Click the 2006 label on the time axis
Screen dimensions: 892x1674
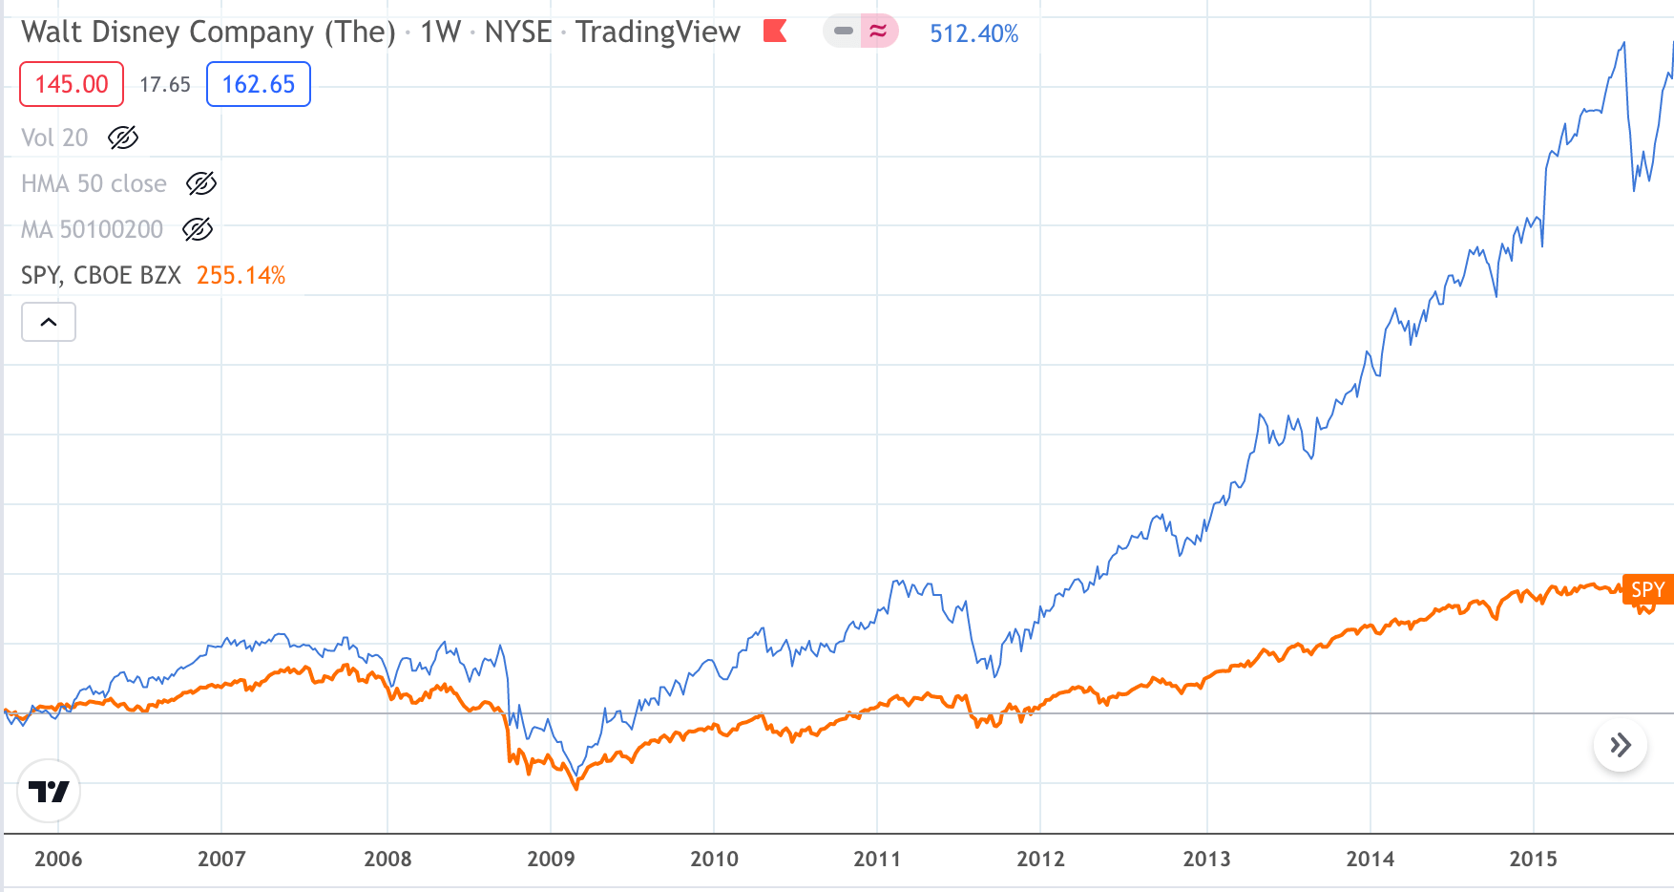[x=58, y=859]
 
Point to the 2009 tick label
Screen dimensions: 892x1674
[x=551, y=859]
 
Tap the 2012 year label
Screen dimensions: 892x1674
[x=1040, y=859]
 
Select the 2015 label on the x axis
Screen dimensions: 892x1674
[x=1533, y=859]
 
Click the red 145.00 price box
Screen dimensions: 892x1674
[x=72, y=84]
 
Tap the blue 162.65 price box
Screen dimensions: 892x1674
[x=259, y=84]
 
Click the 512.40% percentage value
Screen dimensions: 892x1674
[x=973, y=33]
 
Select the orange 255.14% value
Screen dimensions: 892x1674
[x=241, y=276]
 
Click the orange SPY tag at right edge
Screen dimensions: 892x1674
[x=1647, y=589]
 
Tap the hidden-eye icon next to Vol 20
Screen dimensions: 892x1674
[x=123, y=138]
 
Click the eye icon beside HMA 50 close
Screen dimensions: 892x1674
[x=200, y=183]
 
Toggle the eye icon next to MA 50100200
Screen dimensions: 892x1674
[x=197, y=229]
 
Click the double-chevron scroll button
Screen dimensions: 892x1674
[x=1620, y=745]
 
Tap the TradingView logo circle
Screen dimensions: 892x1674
[x=49, y=791]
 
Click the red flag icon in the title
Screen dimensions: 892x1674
[x=775, y=32]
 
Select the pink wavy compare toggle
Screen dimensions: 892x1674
[x=878, y=32]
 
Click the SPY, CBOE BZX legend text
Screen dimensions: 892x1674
[x=101, y=276]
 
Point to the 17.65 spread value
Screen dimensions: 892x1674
[x=165, y=85]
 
